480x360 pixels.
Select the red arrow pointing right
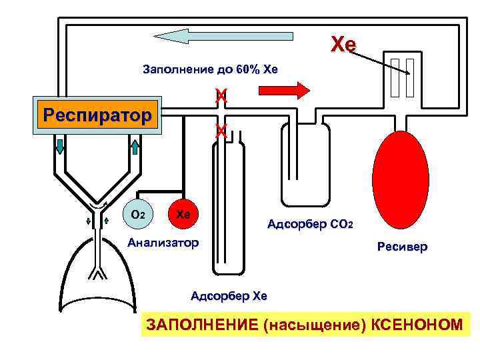pyautogui.click(x=291, y=89)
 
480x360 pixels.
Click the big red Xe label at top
pyautogui.click(x=344, y=45)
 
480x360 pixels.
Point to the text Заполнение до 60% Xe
pyautogui.click(x=210, y=69)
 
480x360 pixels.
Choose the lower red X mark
pyautogui.click(x=221, y=131)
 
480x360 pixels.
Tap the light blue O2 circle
pyautogui.click(x=139, y=215)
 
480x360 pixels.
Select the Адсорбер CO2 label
pyautogui.click(x=310, y=224)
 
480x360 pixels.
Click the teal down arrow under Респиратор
pyautogui.click(x=60, y=147)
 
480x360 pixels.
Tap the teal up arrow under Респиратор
pyautogui.click(x=133, y=147)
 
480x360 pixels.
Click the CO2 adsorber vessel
pyautogui.click(x=305, y=167)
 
